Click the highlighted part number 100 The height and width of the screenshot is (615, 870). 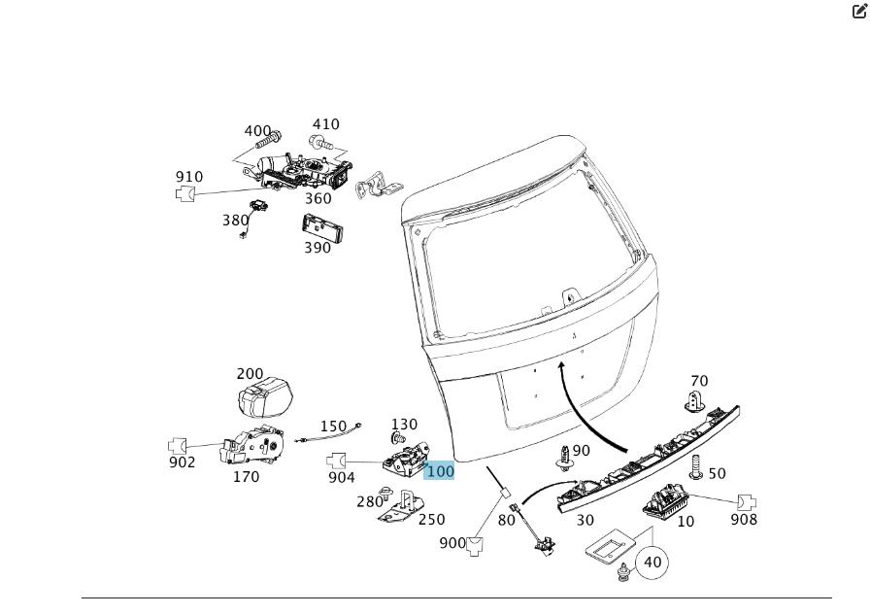(440, 471)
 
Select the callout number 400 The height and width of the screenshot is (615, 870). (257, 131)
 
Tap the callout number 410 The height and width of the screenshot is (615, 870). (325, 124)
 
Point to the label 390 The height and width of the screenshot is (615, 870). (318, 248)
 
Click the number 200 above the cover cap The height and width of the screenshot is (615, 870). (250, 374)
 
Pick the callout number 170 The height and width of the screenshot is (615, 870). (246, 477)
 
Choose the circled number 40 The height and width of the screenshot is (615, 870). (652, 562)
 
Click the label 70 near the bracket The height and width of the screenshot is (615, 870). (699, 381)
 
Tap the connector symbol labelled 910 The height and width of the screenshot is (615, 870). (184, 193)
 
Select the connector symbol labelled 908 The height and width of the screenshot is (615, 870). (746, 502)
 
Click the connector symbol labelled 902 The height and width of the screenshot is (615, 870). (178, 446)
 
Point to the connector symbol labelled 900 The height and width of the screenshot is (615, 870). (475, 545)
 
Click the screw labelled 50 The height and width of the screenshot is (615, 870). (696, 471)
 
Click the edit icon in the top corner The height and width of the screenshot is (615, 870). (858, 11)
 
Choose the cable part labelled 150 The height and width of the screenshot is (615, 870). (331, 434)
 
